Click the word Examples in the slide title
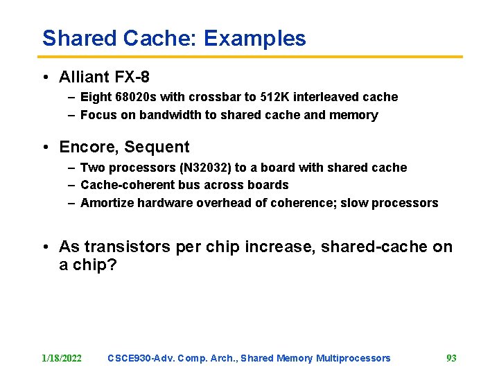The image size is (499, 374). click(x=254, y=38)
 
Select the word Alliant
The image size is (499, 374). click(x=85, y=76)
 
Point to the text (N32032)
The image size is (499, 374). click(x=202, y=168)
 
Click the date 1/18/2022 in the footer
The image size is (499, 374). click(x=62, y=358)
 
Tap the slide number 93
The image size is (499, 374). click(x=451, y=358)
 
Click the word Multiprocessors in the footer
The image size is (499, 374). click(x=353, y=358)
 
